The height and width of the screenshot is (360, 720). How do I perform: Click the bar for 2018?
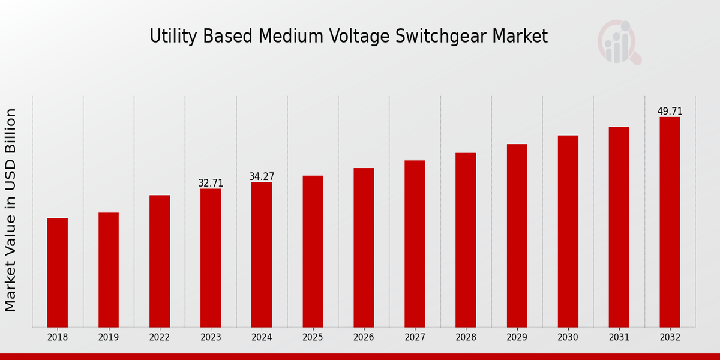pos(58,272)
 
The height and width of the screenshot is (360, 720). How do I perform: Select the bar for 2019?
pos(109,269)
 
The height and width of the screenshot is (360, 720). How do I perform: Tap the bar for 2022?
pos(160,261)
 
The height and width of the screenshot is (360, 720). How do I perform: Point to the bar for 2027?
pos(415,244)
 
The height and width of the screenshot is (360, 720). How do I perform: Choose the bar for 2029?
pos(517,235)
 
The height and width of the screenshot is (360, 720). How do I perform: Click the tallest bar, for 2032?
pos(670,222)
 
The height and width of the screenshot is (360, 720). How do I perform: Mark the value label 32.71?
pos(211,183)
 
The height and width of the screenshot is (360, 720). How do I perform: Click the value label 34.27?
pos(262,176)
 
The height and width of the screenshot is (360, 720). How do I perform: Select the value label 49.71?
pos(670,112)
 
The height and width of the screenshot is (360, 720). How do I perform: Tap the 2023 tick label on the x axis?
pos(211,337)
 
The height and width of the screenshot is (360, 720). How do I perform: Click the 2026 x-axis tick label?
pos(364,337)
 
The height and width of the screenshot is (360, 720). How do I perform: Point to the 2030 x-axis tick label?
pos(568,337)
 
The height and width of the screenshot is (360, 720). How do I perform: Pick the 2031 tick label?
pos(619,337)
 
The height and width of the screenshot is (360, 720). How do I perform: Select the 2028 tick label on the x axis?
pos(466,337)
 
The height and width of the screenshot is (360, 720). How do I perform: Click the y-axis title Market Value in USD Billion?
pos(11,210)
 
